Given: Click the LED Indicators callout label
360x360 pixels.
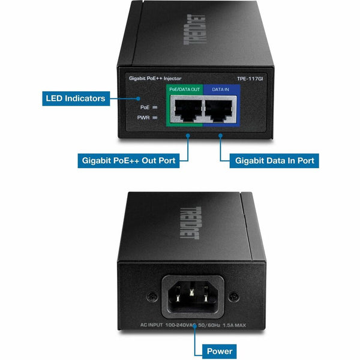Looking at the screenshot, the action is pyautogui.click(x=76, y=98).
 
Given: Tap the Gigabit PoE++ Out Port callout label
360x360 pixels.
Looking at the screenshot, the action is pyautogui.click(x=128, y=160).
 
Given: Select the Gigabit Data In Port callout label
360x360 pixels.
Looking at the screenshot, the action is pyautogui.click(x=274, y=160).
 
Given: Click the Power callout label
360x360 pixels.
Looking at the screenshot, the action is pyautogui.click(x=219, y=351).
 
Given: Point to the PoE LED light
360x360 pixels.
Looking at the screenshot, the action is pyautogui.click(x=155, y=107).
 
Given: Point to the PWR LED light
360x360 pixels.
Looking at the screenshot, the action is pyautogui.click(x=155, y=118).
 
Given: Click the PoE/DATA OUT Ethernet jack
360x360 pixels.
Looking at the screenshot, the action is pyautogui.click(x=188, y=110).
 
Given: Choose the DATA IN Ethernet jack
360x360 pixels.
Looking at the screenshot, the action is pyautogui.click(x=219, y=110).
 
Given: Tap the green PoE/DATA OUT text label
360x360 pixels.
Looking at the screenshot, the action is pyautogui.click(x=185, y=89).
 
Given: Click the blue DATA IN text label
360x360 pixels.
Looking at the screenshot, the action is pyautogui.click(x=220, y=89).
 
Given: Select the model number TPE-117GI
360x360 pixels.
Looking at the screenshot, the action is pyautogui.click(x=250, y=79).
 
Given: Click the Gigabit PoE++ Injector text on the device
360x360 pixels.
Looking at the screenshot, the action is pyautogui.click(x=155, y=79).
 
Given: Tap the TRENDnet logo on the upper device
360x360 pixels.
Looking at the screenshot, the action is pyautogui.click(x=194, y=29).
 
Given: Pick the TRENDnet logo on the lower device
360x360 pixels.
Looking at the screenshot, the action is pyautogui.click(x=191, y=223).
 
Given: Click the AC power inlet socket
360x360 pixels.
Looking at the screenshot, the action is pyautogui.click(x=193, y=296).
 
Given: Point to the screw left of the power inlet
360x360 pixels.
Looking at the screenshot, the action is pyautogui.click(x=152, y=296).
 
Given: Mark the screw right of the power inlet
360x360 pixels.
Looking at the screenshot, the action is pyautogui.click(x=234, y=296).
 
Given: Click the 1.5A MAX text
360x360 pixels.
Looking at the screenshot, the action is pyautogui.click(x=234, y=325).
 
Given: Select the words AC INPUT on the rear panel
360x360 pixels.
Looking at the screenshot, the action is pyautogui.click(x=152, y=325).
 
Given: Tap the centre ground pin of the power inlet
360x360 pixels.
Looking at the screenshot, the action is pyautogui.click(x=192, y=292).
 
